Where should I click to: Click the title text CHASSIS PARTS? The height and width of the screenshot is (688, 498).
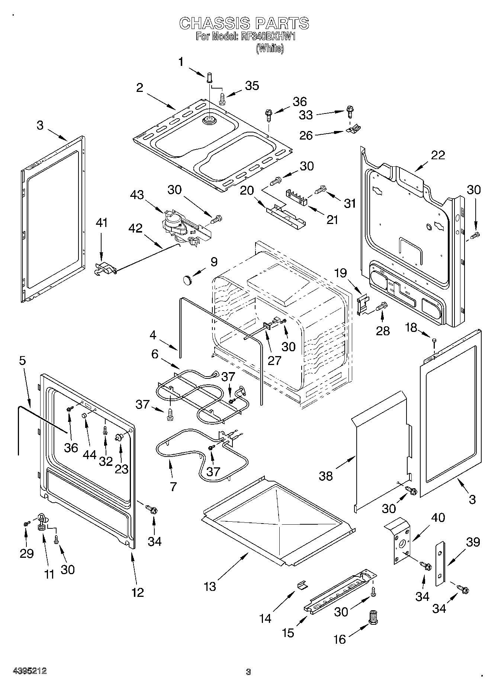[x=244, y=23]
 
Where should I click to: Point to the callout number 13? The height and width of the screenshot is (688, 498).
[x=210, y=586]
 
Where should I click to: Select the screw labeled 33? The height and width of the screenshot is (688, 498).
[x=349, y=110]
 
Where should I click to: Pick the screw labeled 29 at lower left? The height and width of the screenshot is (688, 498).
[x=26, y=524]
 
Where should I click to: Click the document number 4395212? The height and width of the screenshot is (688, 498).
[x=29, y=672]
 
